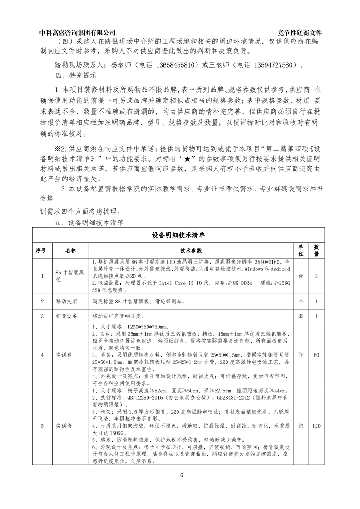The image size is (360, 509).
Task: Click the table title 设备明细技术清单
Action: coord(180,235)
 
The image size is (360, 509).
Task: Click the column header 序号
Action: coord(41,250)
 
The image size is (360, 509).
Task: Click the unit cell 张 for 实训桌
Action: coord(300,355)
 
